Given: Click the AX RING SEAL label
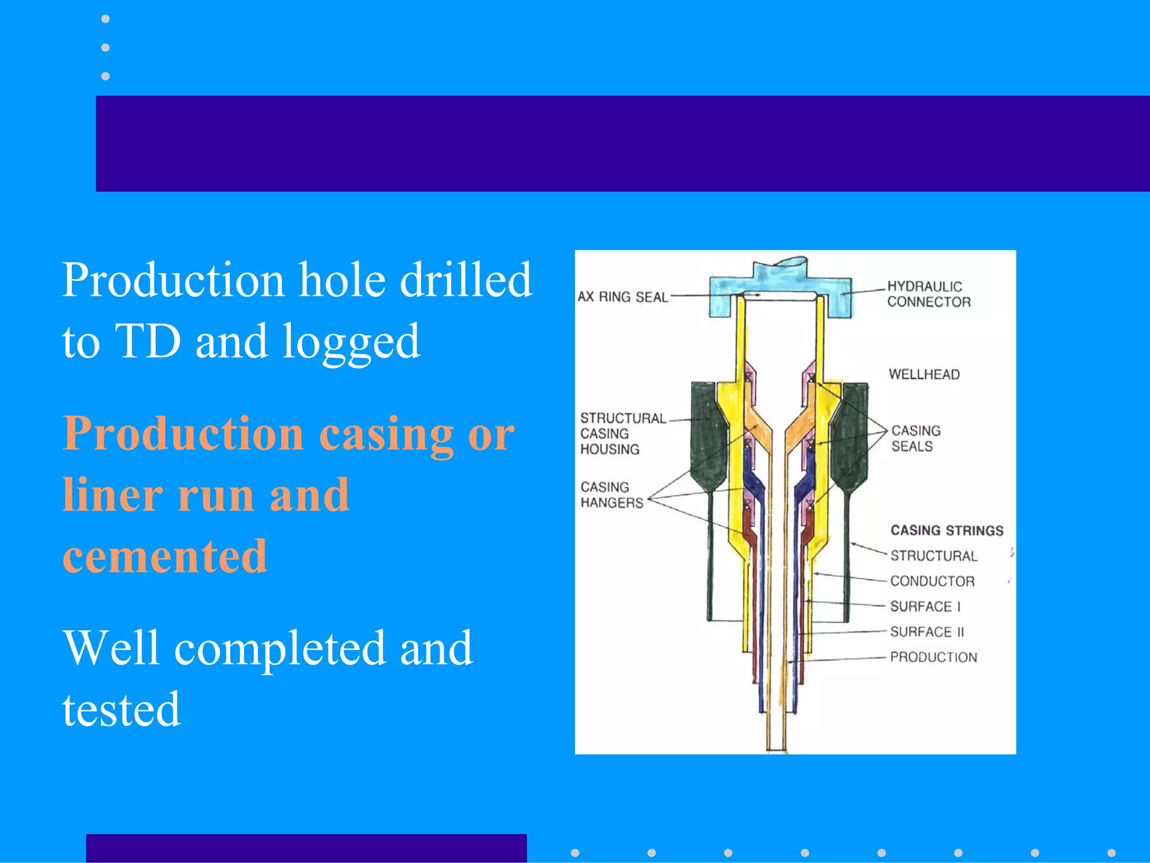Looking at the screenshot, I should (x=623, y=297).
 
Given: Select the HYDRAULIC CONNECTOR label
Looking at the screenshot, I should (x=928, y=294).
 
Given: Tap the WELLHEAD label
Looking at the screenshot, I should (x=924, y=374).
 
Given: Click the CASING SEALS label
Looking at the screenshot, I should (x=916, y=438).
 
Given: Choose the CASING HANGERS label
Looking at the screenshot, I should (x=611, y=494).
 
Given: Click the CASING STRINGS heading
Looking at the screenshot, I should (x=947, y=530).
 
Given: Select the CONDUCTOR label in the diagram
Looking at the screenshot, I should (x=932, y=581).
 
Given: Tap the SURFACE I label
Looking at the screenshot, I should (x=925, y=606).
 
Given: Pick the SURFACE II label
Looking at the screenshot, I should (x=927, y=632).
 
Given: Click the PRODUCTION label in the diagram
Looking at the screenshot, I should (x=933, y=657).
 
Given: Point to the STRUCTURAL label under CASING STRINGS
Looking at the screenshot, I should (x=933, y=556).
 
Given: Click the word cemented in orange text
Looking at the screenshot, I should (x=165, y=556).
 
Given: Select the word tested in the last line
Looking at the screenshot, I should (x=121, y=709).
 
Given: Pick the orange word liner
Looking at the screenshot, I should (x=112, y=494).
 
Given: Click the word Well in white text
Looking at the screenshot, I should (x=111, y=648).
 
